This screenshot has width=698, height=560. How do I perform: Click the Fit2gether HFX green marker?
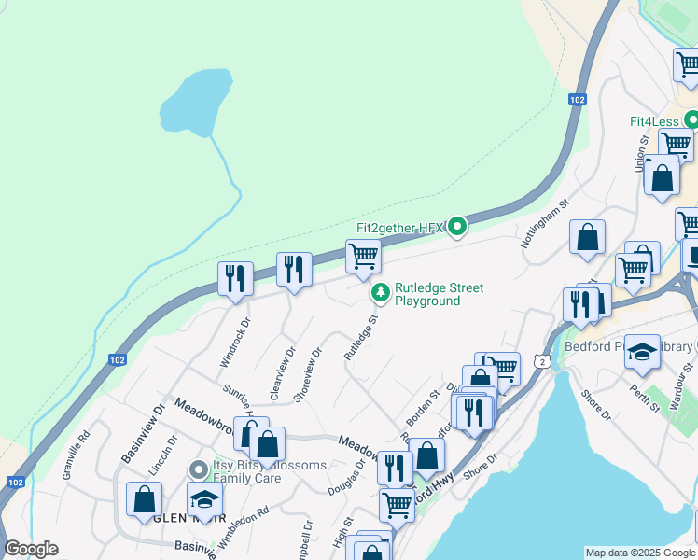pyautogui.click(x=456, y=227)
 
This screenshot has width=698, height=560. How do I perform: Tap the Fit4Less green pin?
pyautogui.click(x=691, y=120)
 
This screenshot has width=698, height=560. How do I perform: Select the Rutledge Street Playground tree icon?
pyautogui.click(x=380, y=293)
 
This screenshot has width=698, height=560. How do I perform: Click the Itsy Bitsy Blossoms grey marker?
pyautogui.click(x=197, y=469)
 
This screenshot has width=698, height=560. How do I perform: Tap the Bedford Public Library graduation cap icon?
pyautogui.click(x=642, y=352)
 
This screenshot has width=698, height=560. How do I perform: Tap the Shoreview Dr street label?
pyautogui.click(x=307, y=374)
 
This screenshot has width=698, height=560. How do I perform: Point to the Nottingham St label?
pyautogui.click(x=544, y=223)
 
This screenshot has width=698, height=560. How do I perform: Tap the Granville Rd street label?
pyautogui.click(x=75, y=455)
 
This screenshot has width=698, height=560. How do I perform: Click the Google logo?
pyautogui.click(x=31, y=549)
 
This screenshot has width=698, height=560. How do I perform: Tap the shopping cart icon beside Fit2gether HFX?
pyautogui.click(x=363, y=255)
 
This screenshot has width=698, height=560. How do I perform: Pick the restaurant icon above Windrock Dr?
pyautogui.click(x=235, y=277)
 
